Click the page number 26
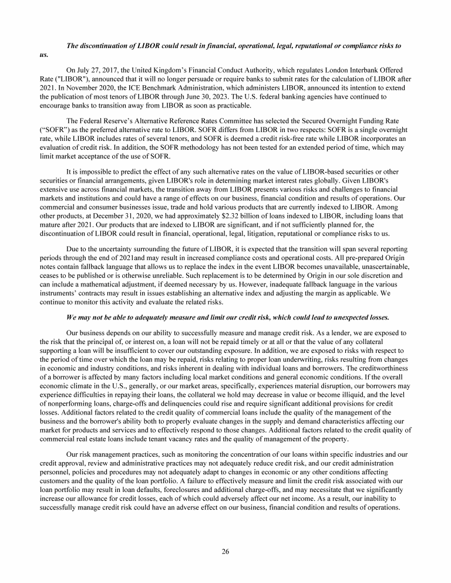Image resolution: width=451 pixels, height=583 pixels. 225,551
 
